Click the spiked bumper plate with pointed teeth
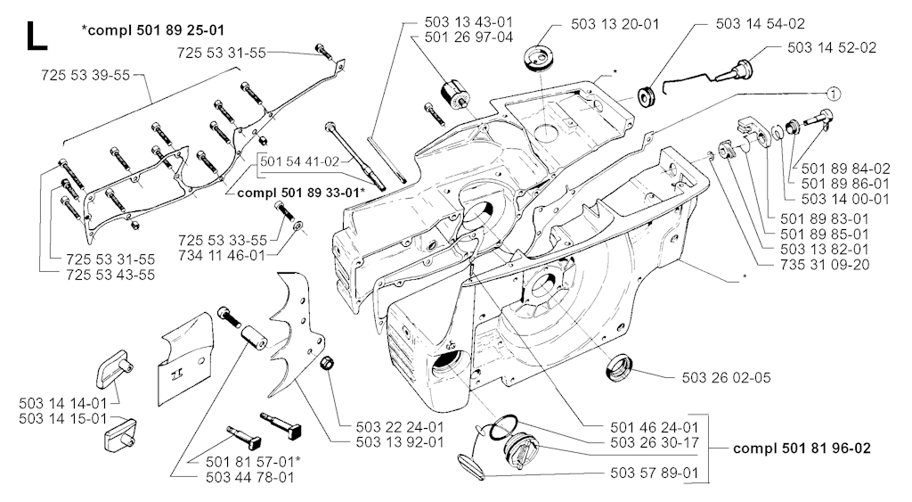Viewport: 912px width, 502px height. [297, 338]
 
